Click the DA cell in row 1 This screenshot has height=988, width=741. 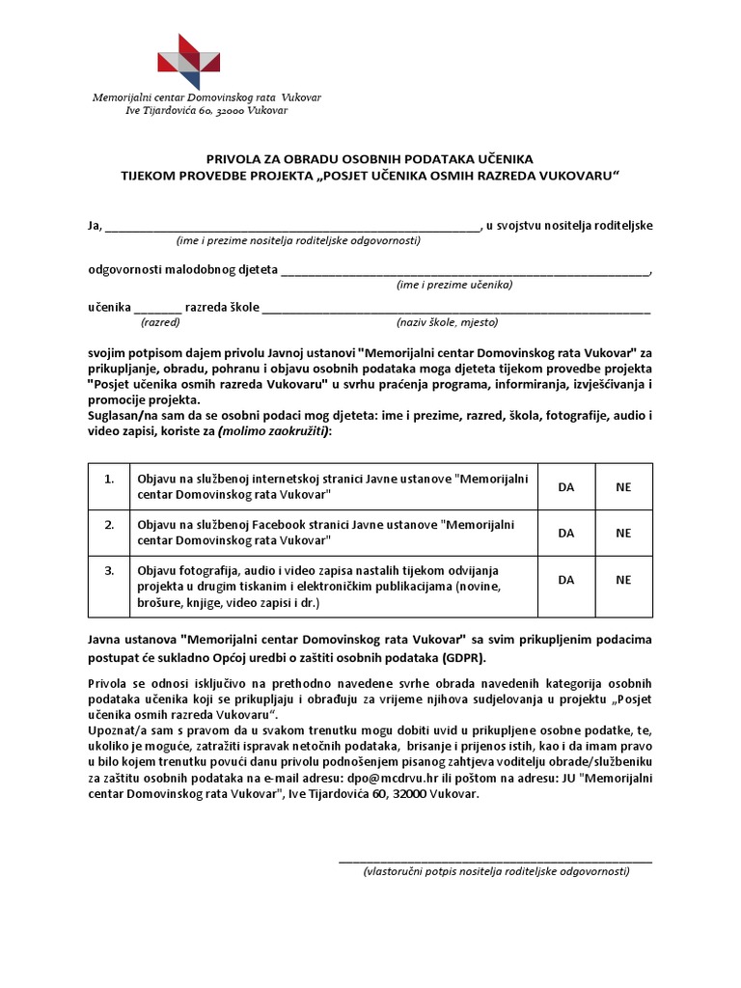[566, 487]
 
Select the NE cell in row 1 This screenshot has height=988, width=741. [623, 487]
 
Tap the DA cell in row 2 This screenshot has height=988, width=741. [566, 533]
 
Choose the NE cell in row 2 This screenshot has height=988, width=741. [623, 533]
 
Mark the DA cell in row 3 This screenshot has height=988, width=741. [566, 580]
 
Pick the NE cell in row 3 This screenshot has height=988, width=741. [623, 580]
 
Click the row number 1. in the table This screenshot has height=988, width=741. [109, 479]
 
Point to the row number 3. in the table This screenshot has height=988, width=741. [109, 570]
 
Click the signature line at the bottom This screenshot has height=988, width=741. [495, 858]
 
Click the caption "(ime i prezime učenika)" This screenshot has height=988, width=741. [453, 285]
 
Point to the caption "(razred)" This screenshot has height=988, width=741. [160, 322]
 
